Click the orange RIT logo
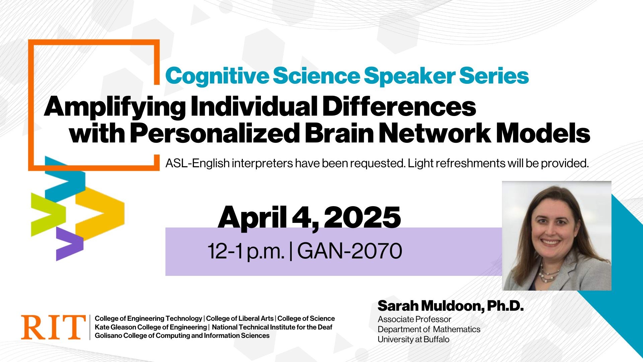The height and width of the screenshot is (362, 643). [x=53, y=327]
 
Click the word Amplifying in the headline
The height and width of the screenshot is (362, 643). [x=115, y=107]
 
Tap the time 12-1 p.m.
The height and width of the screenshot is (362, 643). [x=246, y=251]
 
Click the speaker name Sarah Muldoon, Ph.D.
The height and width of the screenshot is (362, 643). [x=450, y=306]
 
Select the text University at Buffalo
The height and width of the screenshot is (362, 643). [x=414, y=339]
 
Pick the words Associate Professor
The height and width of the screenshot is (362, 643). [x=414, y=319]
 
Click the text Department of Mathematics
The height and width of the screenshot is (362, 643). [x=429, y=329]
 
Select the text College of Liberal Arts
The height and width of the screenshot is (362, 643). [x=240, y=318]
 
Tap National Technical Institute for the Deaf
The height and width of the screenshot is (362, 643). [x=272, y=327]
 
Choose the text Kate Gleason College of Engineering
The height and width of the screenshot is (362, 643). [x=151, y=327]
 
